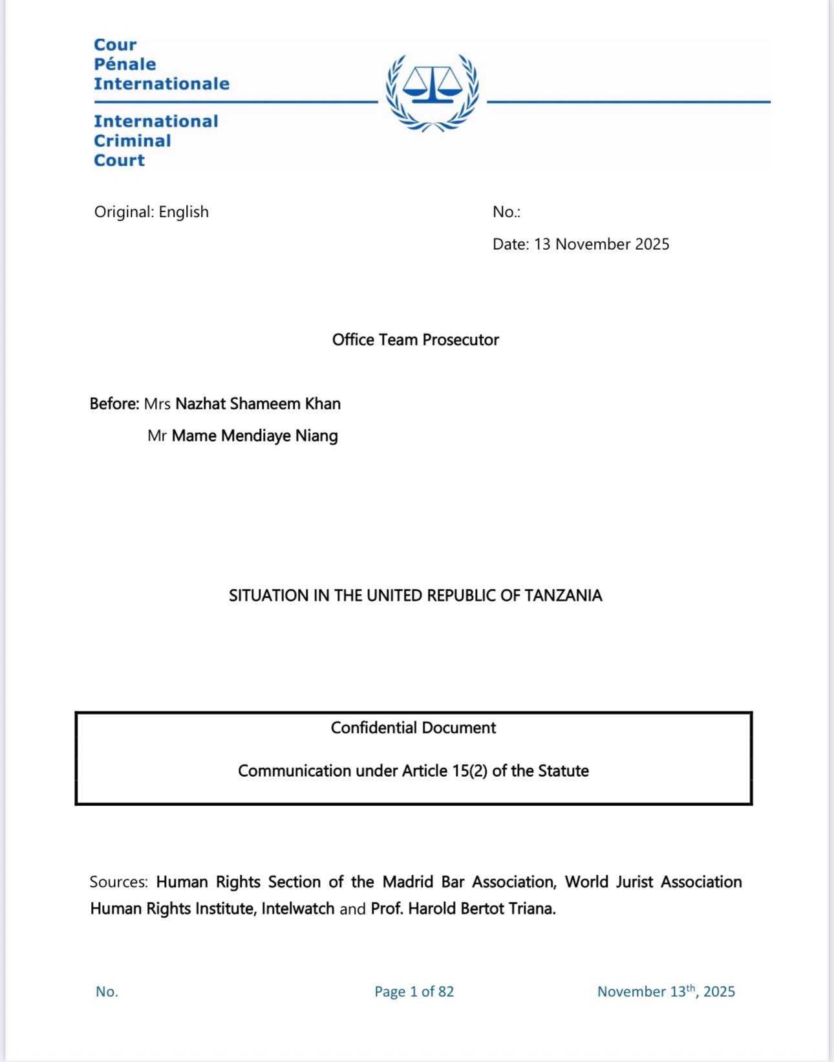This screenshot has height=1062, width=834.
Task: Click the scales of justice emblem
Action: (432, 92)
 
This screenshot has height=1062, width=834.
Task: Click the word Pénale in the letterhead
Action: (125, 64)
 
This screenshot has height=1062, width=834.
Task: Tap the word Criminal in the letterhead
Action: (133, 140)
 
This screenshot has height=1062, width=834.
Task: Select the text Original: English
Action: (151, 212)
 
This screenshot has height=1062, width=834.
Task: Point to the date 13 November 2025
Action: (601, 244)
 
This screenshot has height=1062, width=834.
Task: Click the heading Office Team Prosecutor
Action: (415, 340)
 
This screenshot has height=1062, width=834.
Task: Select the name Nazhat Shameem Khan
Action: (258, 404)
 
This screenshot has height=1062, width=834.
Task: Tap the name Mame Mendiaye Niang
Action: (255, 436)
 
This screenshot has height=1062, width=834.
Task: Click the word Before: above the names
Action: (114, 404)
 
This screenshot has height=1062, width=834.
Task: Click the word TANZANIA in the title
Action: (563, 596)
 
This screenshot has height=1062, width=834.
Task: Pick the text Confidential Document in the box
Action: (413, 728)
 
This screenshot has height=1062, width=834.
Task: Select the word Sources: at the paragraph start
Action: (119, 882)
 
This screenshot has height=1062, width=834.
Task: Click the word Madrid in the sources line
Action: (407, 882)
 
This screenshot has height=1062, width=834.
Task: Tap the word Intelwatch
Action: (297, 909)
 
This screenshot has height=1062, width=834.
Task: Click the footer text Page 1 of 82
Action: (414, 992)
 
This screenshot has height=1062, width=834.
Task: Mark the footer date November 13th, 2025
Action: (666, 992)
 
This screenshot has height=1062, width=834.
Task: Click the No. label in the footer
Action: (107, 992)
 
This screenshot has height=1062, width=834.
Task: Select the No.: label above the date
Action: (506, 212)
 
